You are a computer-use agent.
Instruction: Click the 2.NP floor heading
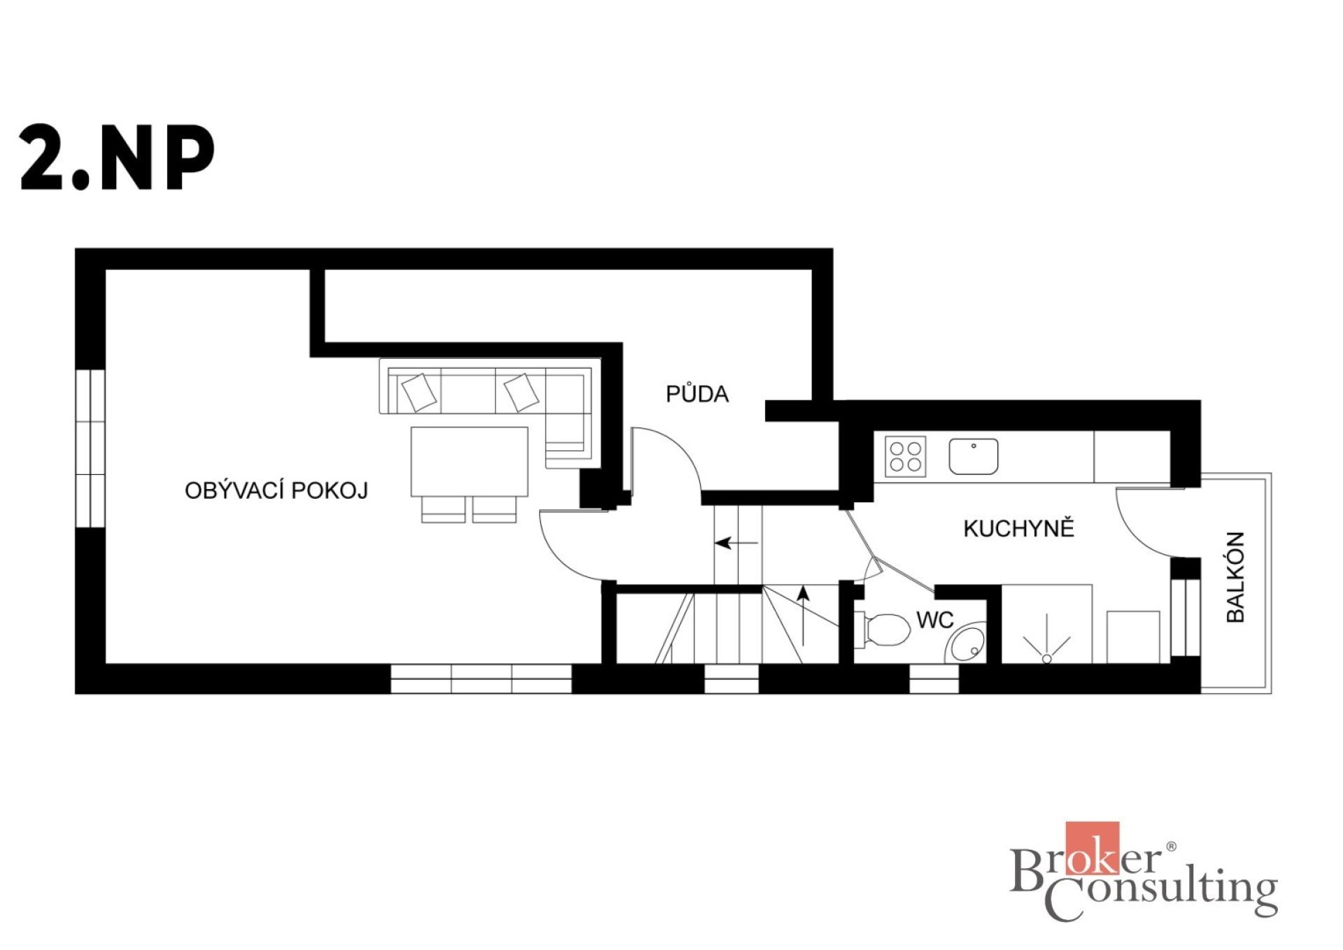click(x=117, y=158)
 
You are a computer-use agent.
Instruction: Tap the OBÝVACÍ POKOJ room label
click(x=276, y=490)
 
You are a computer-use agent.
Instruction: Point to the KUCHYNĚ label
click(x=1018, y=527)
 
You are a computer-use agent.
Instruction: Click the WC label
click(x=935, y=620)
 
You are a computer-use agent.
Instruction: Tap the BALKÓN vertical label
click(x=1236, y=577)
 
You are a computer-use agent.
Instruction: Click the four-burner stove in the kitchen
click(x=905, y=456)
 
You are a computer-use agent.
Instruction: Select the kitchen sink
click(x=973, y=457)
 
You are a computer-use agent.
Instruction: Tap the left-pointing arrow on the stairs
click(x=736, y=542)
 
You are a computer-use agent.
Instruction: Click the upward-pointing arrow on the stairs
click(x=804, y=616)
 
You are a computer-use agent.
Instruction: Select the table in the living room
click(x=469, y=461)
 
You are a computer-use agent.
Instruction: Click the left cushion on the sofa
click(x=419, y=392)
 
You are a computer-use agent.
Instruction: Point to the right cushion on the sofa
click(x=521, y=392)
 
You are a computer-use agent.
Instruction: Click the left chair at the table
click(x=443, y=509)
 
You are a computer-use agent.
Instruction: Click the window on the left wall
click(x=90, y=448)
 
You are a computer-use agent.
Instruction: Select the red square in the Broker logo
click(x=1092, y=848)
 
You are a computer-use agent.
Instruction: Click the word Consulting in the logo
click(x=1161, y=897)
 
